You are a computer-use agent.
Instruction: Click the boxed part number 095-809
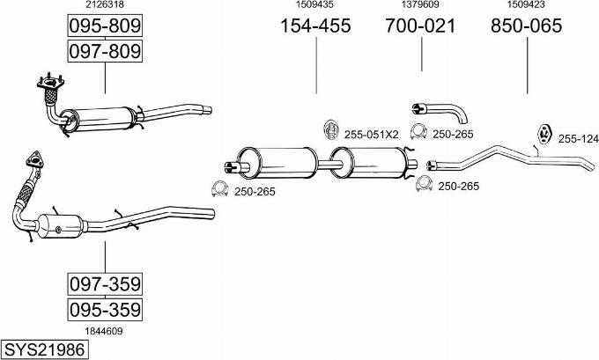coord(105,26)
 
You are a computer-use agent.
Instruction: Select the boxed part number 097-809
coord(105,51)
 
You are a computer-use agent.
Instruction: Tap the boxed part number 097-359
coord(105,284)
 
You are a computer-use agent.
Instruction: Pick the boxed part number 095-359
coord(105,310)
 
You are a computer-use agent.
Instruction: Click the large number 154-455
coord(315,26)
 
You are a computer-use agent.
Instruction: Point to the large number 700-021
coord(420,26)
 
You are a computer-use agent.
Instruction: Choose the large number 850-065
coord(527,26)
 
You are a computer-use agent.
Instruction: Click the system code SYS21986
coord(44,349)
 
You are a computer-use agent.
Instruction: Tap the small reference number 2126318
coord(105,4)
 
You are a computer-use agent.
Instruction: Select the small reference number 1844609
coord(104,331)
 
